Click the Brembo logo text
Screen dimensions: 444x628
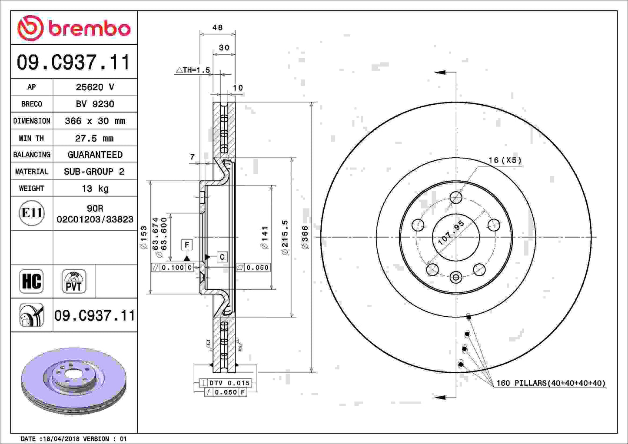89,29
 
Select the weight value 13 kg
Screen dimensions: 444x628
95,189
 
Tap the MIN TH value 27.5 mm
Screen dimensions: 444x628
95,138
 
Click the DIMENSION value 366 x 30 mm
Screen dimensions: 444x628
95,121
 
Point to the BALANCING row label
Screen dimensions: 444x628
32,155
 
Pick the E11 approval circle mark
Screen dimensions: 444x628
32,213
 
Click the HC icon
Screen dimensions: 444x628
32,281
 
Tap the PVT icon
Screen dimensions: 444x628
73,281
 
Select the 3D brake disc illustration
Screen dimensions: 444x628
73,380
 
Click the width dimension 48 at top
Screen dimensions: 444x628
217,27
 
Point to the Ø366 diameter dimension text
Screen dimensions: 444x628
305,237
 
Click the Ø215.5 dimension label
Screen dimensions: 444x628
285,237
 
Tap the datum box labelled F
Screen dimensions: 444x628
187,245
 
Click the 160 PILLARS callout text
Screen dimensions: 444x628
550,383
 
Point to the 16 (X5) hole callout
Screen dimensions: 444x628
505,160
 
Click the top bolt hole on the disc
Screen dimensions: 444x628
456,198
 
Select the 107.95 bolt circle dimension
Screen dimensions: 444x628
451,233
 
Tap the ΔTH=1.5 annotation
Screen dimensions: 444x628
193,70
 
